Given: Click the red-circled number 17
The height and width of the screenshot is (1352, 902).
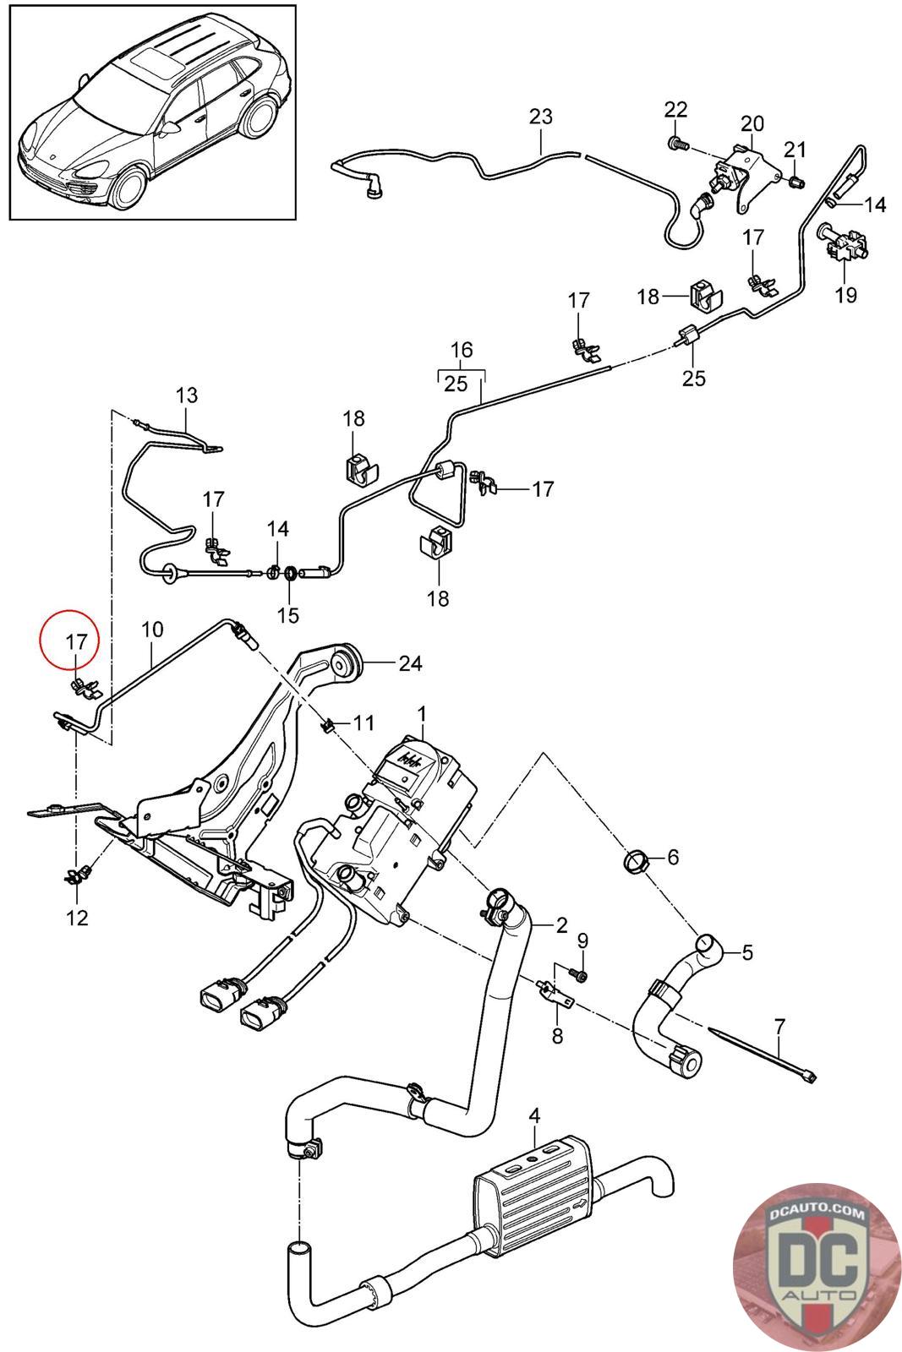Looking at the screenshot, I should (x=76, y=641).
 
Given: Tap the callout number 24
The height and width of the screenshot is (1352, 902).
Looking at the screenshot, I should (x=410, y=663).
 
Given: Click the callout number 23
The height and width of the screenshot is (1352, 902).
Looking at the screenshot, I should (x=540, y=116).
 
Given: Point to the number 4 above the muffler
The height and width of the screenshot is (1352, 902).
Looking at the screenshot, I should (x=533, y=1116).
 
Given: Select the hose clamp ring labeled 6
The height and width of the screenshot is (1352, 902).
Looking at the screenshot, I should (x=637, y=863).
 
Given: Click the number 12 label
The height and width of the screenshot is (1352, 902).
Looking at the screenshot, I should (x=77, y=917).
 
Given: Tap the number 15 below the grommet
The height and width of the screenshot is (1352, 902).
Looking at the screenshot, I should (x=288, y=615).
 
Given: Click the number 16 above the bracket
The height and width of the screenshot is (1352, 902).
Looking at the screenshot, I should (x=462, y=350).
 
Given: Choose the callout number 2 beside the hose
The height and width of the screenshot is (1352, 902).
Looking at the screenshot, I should (x=561, y=925).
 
